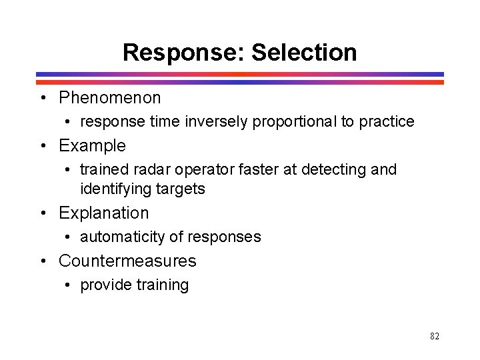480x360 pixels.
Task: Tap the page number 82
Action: click(x=435, y=336)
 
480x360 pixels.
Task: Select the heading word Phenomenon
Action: click(x=110, y=98)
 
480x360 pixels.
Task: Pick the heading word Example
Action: click(x=92, y=146)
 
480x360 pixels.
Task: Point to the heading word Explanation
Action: click(x=103, y=213)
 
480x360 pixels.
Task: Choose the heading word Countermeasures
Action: click(x=127, y=261)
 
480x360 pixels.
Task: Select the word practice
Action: click(x=387, y=122)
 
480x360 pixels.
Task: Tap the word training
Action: click(x=162, y=285)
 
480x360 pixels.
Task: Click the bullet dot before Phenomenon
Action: click(x=43, y=98)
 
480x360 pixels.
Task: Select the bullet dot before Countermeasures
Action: click(x=43, y=261)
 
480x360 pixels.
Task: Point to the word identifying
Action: click(x=116, y=189)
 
